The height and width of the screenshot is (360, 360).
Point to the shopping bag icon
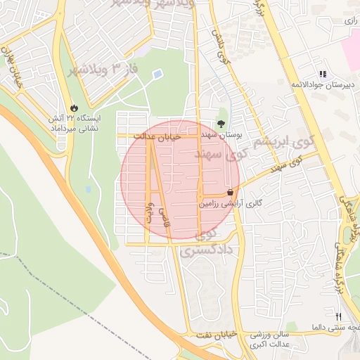pos(230,192)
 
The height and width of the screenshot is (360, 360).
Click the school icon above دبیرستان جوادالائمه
pos(322,73)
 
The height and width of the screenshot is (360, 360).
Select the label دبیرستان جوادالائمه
pos(321,84)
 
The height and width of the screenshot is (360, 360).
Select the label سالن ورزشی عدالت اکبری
pos(277,340)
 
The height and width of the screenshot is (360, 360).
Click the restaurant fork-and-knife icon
pos(338,317)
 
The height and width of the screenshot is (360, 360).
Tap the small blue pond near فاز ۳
pos(157,73)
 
